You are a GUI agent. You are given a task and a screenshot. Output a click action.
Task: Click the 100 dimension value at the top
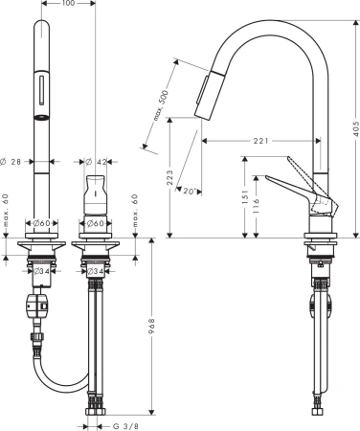point(68,3)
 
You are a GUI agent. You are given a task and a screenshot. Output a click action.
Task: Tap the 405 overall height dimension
point(355,128)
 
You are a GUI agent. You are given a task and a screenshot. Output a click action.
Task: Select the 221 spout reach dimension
point(260,141)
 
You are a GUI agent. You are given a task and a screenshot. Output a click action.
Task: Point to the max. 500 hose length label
point(161,105)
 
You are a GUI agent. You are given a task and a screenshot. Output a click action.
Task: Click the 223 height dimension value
point(169,177)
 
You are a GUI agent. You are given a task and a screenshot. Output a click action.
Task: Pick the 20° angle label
point(189,191)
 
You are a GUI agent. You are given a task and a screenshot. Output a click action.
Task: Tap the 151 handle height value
point(245,196)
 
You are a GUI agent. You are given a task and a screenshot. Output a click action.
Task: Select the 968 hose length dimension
point(152,327)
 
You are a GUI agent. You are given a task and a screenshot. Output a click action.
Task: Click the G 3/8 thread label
point(125,426)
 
